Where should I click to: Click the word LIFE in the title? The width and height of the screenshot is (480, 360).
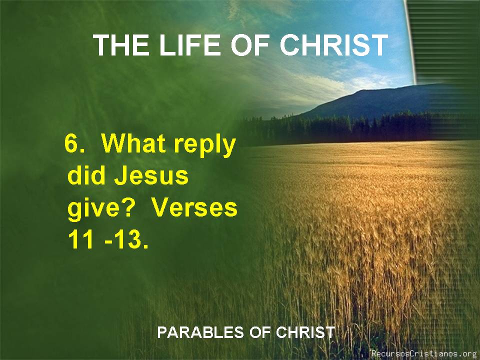189,45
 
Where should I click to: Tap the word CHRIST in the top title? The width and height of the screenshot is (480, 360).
333,45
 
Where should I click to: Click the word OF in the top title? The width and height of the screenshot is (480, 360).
249,45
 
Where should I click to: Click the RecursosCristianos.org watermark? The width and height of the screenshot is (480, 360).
425,353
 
